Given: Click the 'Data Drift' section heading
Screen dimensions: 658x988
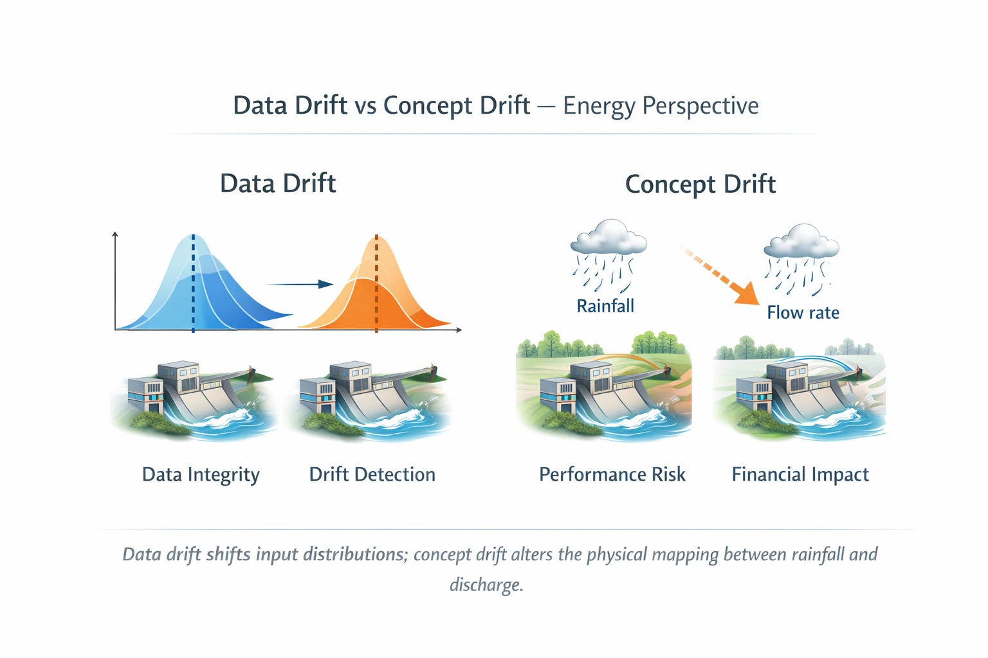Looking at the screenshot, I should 278,184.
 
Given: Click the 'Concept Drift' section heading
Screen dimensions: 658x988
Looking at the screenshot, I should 700,184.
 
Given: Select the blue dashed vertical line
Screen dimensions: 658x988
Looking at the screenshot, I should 193,283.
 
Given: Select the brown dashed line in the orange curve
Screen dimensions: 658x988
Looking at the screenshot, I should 376,283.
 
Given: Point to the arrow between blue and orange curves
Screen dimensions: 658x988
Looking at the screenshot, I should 300,284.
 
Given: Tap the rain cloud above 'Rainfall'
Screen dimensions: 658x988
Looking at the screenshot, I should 608,238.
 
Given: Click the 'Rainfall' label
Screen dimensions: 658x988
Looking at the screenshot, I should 605,306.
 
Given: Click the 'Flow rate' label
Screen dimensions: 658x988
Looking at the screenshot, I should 803,313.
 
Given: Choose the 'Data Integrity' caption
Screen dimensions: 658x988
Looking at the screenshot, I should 201,475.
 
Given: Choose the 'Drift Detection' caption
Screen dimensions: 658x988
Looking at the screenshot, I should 372,475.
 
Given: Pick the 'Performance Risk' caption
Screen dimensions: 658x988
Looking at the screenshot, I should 612,475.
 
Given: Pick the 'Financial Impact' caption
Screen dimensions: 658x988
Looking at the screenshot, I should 800,475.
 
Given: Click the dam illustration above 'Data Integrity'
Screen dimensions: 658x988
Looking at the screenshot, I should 193,398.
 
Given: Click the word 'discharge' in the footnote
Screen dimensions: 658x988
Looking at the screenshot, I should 486,585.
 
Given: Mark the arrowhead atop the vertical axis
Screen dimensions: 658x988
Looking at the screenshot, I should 115,235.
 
